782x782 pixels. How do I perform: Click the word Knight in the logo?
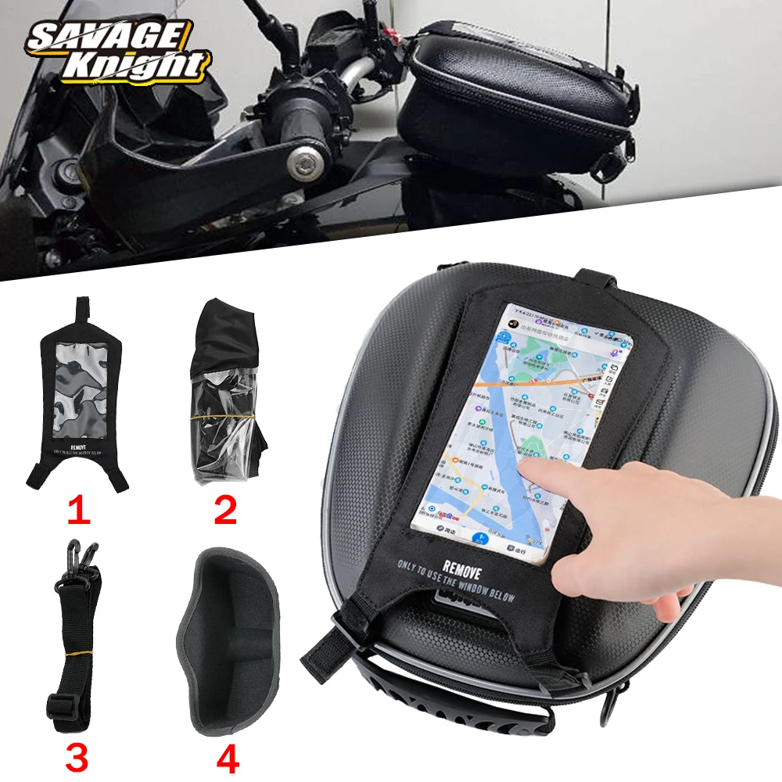pyautogui.click(x=137, y=66)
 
